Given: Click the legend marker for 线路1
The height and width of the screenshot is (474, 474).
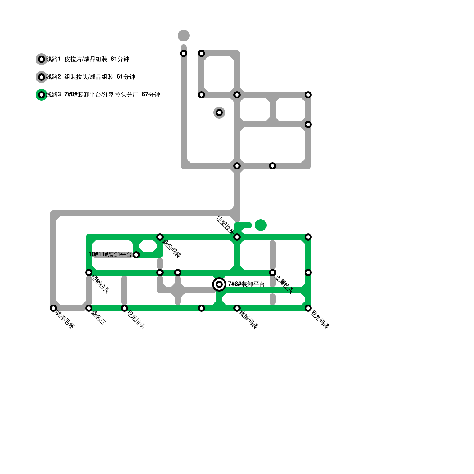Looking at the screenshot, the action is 41,59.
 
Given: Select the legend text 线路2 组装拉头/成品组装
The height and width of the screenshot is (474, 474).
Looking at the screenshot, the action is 80,77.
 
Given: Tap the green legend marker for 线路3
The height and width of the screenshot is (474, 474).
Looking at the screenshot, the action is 41,95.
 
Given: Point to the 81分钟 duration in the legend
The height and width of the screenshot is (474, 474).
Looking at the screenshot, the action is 120,59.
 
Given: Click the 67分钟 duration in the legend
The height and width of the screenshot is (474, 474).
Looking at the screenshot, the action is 151,95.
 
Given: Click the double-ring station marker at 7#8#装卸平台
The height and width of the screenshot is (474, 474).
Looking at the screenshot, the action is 219,284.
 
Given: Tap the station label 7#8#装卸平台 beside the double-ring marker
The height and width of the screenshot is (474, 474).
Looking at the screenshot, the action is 246,284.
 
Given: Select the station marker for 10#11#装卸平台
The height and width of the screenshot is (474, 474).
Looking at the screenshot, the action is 136,255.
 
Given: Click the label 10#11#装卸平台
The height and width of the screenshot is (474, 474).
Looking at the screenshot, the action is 110,254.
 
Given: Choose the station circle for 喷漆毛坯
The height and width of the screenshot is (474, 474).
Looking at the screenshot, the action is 53,308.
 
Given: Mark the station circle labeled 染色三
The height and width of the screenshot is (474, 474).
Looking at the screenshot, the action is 89,308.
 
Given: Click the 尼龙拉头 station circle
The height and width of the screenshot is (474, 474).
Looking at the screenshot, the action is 124,308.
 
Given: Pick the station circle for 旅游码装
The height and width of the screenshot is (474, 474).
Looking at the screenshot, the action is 237,308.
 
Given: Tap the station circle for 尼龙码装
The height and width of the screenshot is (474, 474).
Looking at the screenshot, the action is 308,308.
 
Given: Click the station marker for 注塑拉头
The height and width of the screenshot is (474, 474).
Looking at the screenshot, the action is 237,237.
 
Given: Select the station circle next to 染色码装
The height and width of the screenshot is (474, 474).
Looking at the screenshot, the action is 160,237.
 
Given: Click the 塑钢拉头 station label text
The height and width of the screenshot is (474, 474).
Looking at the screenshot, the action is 100,284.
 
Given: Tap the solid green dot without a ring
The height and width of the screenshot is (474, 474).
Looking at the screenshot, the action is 261,225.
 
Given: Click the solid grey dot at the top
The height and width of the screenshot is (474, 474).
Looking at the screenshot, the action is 184,36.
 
